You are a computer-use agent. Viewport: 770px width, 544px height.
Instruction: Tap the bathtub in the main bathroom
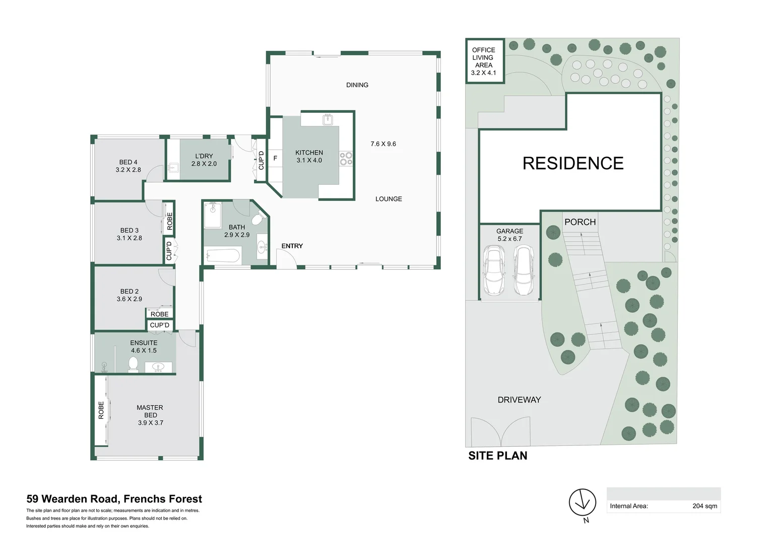[222, 255]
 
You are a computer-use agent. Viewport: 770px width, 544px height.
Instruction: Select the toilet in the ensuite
[134, 364]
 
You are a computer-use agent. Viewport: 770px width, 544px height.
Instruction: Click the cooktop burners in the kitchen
[346, 159]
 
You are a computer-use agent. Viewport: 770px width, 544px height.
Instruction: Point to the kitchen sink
[328, 119]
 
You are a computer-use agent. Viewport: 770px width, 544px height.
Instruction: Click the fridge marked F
[275, 158]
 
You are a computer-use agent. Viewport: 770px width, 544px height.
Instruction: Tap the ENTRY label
[292, 246]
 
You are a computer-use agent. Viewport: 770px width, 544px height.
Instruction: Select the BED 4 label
[129, 162]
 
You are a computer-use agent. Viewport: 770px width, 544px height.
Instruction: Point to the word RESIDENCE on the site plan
[573, 163]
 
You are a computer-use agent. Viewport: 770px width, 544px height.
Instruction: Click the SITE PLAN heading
[498, 455]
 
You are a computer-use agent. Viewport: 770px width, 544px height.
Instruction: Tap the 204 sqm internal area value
[704, 506]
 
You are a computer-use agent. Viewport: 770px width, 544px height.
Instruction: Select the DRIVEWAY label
[519, 400]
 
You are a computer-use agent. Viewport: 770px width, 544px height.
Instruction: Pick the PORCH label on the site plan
[580, 222]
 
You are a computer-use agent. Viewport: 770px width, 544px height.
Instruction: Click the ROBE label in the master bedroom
[101, 410]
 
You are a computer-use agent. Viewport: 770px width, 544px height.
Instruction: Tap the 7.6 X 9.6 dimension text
[383, 144]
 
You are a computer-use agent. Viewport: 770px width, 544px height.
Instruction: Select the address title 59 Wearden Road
[114, 499]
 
